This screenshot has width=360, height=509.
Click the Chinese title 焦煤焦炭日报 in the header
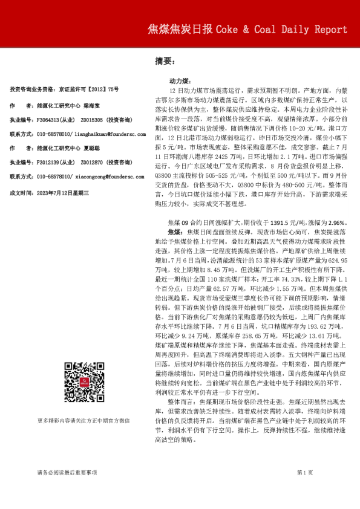click(x=180, y=30)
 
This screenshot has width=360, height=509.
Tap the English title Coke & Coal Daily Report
click(x=281, y=30)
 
